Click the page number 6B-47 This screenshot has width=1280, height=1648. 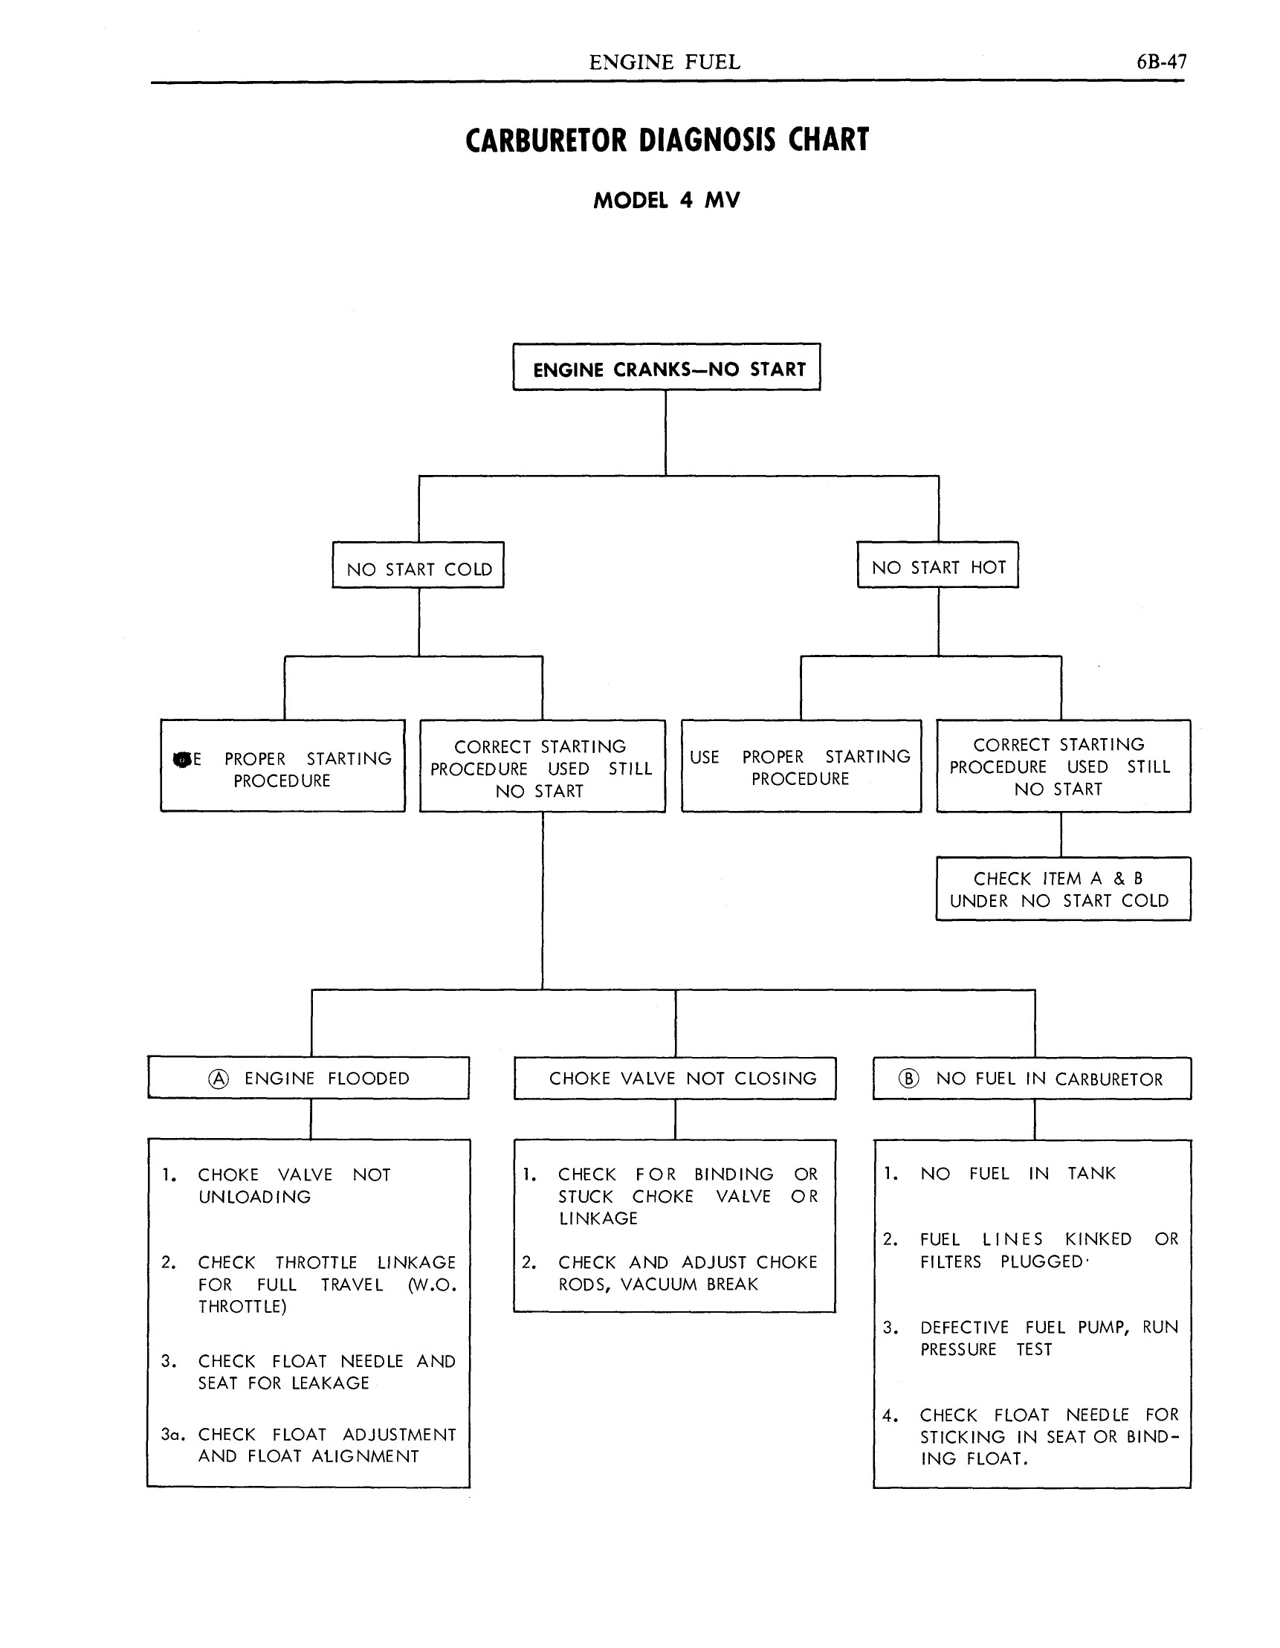(x=1161, y=62)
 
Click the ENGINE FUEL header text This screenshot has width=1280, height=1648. (x=664, y=62)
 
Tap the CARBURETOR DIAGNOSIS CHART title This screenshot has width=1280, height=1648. (x=668, y=140)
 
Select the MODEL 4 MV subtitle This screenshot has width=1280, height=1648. (x=667, y=201)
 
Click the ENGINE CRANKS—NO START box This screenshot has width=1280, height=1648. (x=667, y=367)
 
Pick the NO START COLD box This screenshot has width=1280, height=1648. (x=418, y=565)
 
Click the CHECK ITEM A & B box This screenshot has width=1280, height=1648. (x=1063, y=889)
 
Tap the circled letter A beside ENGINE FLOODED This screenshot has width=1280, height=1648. (x=218, y=1079)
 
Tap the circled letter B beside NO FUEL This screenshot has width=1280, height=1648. (x=908, y=1079)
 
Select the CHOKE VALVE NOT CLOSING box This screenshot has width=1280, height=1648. (x=675, y=1079)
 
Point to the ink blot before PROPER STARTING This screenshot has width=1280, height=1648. (x=181, y=759)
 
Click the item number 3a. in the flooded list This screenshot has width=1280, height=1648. (x=173, y=1435)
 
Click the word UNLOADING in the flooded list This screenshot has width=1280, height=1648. (x=254, y=1197)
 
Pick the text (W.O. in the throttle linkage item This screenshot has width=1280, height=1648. (x=432, y=1285)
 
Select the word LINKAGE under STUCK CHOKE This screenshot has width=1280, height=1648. (x=598, y=1218)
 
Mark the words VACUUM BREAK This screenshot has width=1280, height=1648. (x=689, y=1285)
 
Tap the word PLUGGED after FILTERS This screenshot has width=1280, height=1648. (x=1041, y=1261)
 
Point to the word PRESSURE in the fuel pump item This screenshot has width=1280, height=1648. (x=957, y=1349)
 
